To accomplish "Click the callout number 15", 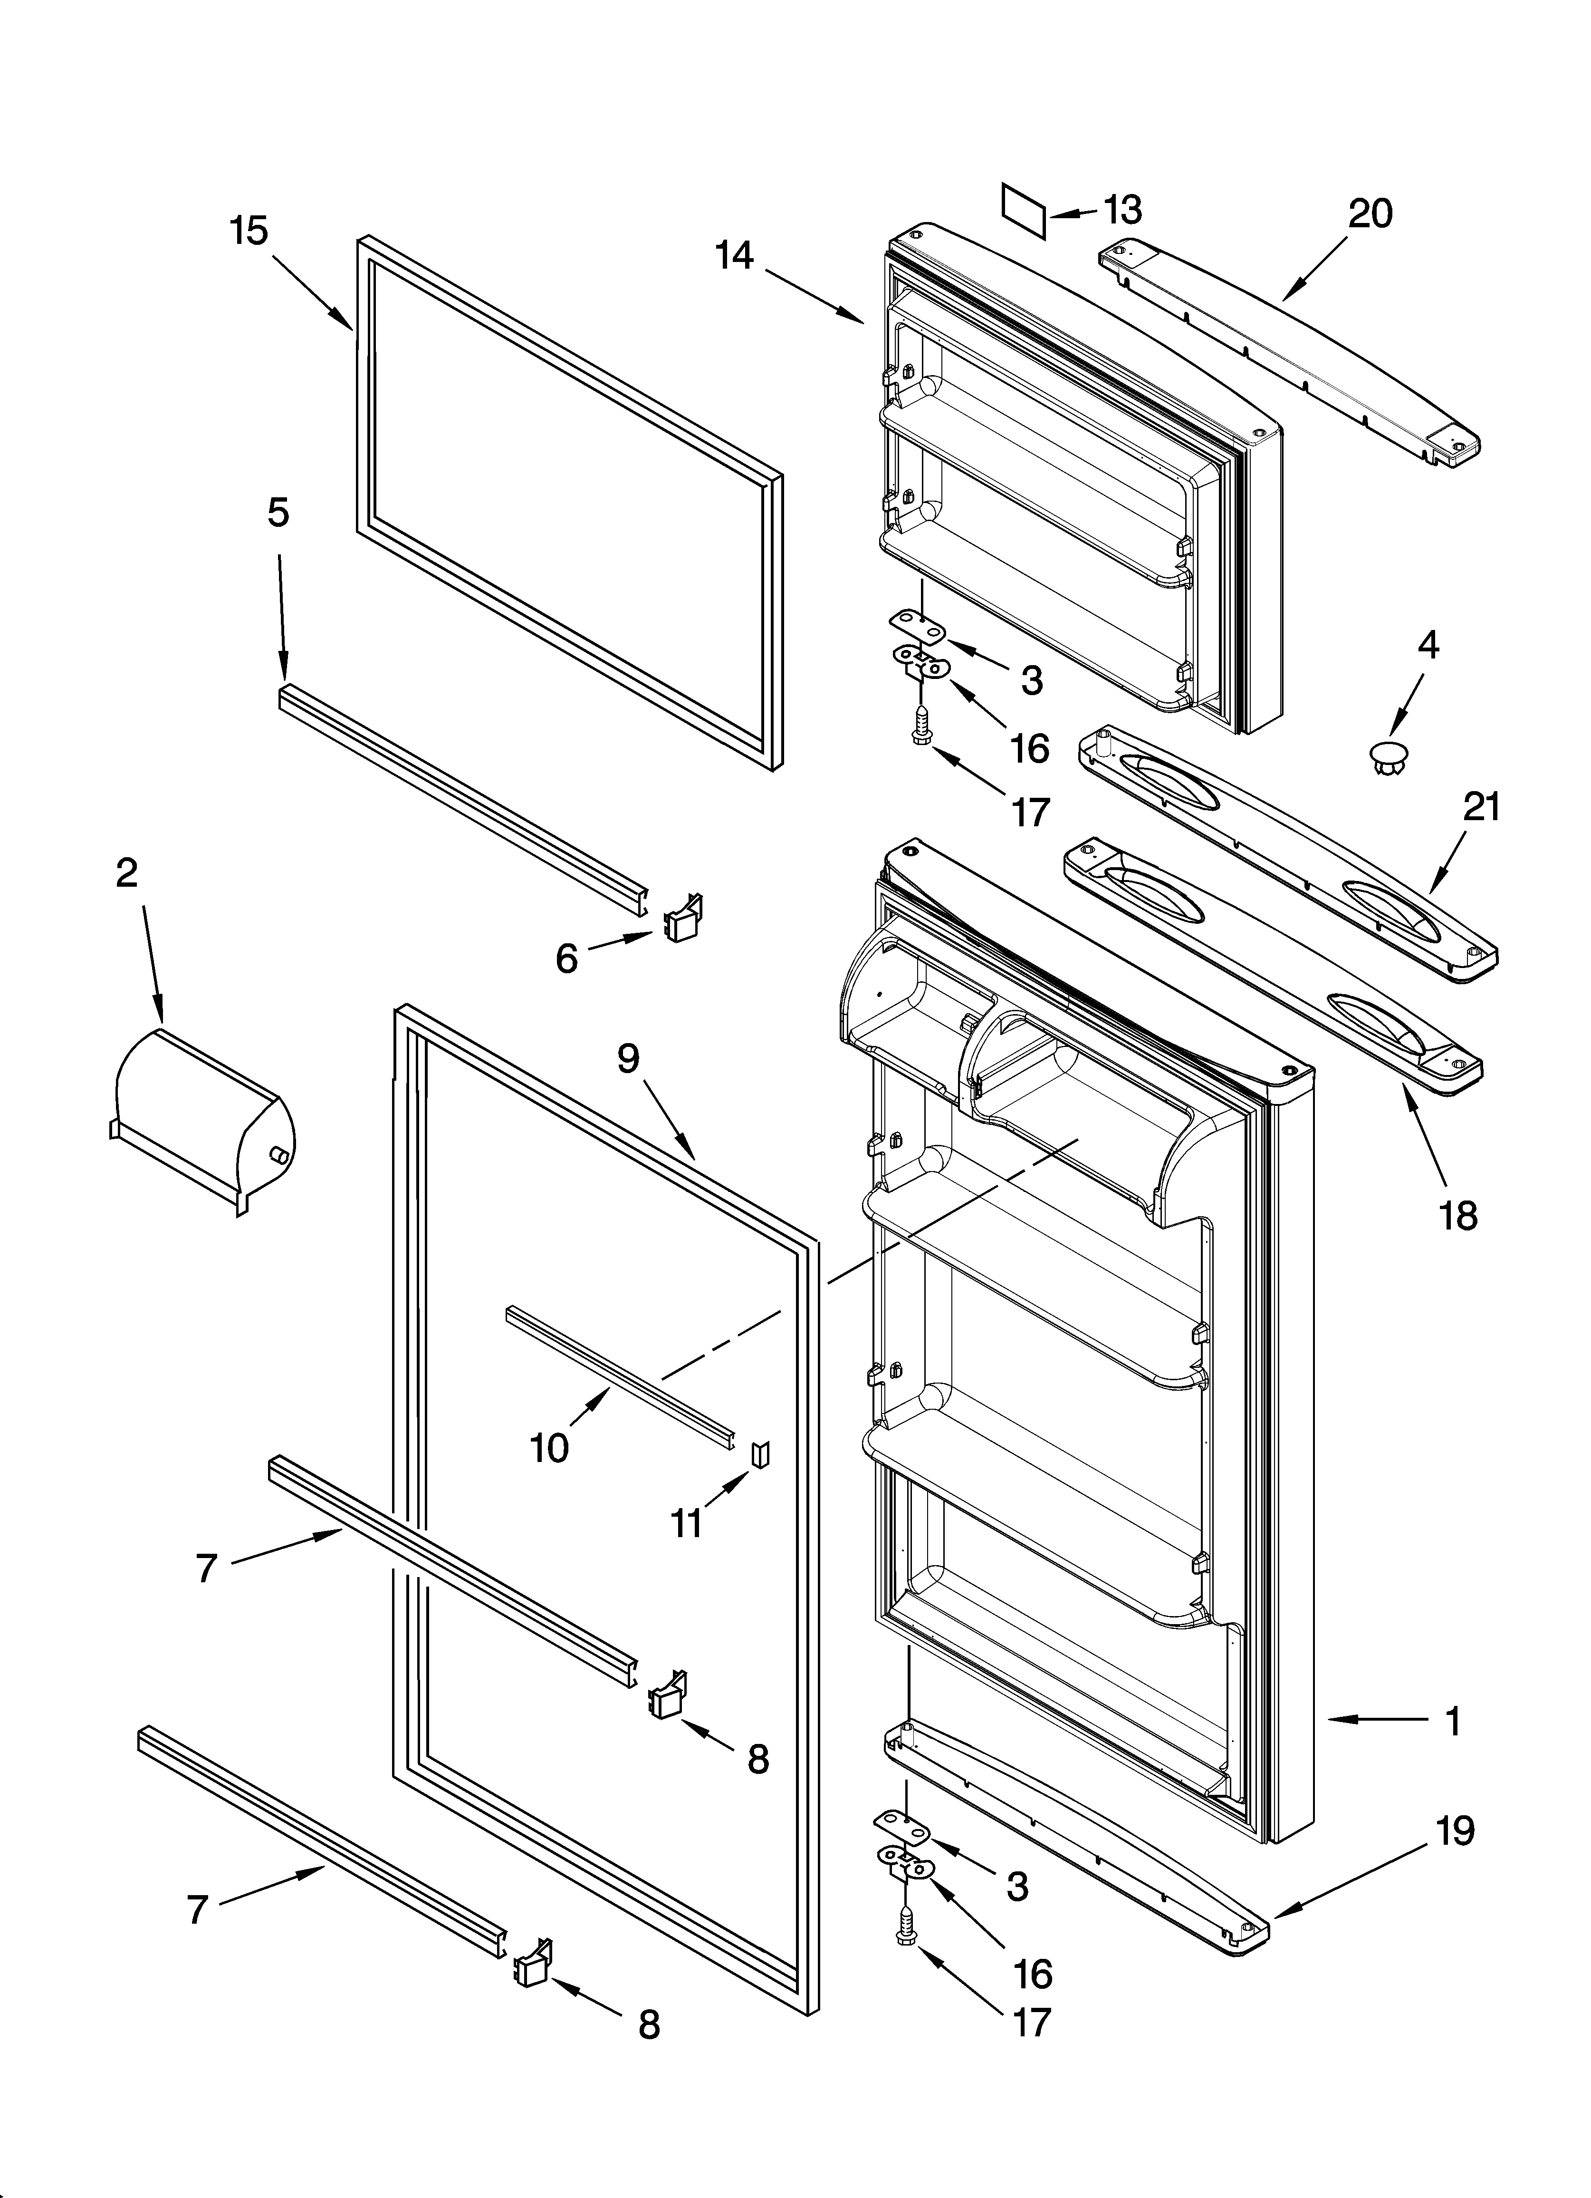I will [249, 232].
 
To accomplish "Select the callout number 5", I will [278, 513].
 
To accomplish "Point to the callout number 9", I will [629, 1058].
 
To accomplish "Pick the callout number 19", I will [1456, 1830].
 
